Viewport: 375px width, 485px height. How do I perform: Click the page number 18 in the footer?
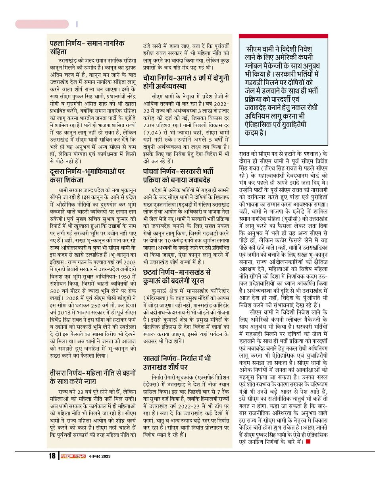pos(52,456)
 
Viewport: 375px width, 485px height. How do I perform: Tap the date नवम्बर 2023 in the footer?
pos(100,456)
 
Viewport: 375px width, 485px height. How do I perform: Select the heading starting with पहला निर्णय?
pos(87,47)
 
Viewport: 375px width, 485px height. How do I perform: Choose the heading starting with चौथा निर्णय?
pos(186,82)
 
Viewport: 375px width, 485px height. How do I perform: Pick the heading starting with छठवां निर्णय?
pos(177,276)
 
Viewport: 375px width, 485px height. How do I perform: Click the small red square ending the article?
pos(308,441)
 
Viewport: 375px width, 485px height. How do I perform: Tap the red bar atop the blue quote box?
pos(283,36)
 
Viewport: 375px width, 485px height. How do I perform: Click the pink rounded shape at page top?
pos(42,24)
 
